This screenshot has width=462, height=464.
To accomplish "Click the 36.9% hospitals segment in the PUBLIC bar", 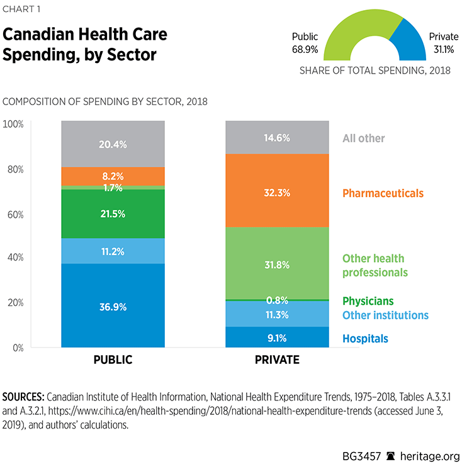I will [x=113, y=305].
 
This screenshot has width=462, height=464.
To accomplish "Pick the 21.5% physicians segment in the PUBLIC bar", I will [x=113, y=214].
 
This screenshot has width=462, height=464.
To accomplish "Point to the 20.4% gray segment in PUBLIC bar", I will [x=113, y=144].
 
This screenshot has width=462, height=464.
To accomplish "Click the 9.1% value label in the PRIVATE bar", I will [x=277, y=338].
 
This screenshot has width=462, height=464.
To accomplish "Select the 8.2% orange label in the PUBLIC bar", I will [x=113, y=176].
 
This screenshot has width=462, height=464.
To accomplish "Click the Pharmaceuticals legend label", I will [x=383, y=193].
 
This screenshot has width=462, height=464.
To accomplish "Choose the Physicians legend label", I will [x=368, y=302].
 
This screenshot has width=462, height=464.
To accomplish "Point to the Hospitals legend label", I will [x=365, y=339].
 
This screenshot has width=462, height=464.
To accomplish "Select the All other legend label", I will [x=363, y=139].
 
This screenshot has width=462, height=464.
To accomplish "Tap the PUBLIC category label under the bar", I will [x=113, y=361].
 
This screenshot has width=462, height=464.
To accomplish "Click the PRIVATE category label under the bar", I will [x=277, y=361].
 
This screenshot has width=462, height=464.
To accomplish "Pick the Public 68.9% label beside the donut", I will [x=305, y=42].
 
